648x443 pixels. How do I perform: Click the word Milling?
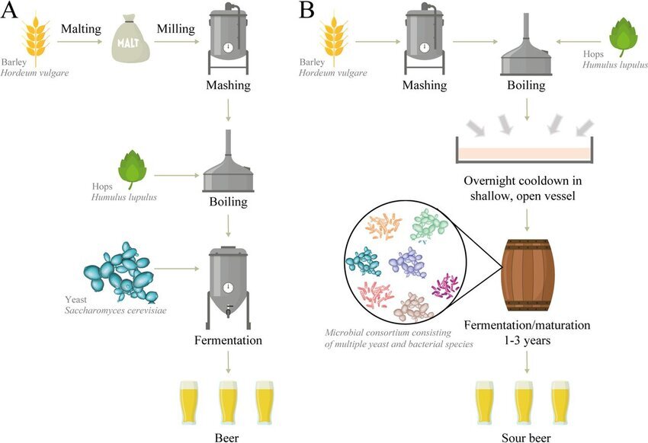(176, 29)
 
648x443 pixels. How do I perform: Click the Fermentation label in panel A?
(227, 340)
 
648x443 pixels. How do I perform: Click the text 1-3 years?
(526, 340)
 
